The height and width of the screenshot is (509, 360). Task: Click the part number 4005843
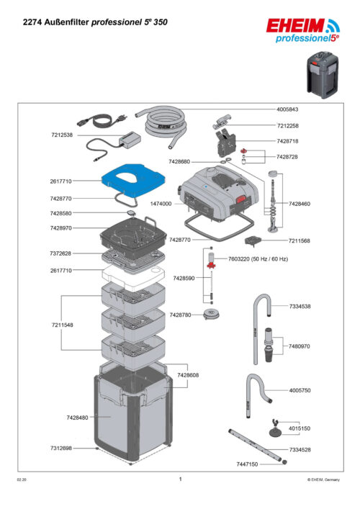(287, 109)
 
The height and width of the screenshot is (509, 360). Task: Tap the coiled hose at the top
(166, 122)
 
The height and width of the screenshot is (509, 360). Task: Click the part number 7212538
(61, 135)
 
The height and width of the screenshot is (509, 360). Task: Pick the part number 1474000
(161, 204)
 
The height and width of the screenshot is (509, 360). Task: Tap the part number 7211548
(61, 325)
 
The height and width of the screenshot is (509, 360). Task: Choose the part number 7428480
(77, 418)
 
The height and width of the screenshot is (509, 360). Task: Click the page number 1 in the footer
(180, 478)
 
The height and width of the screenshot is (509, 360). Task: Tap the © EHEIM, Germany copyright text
(323, 479)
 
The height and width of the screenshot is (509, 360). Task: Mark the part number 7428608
(188, 375)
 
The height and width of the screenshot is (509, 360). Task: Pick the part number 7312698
(61, 448)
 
